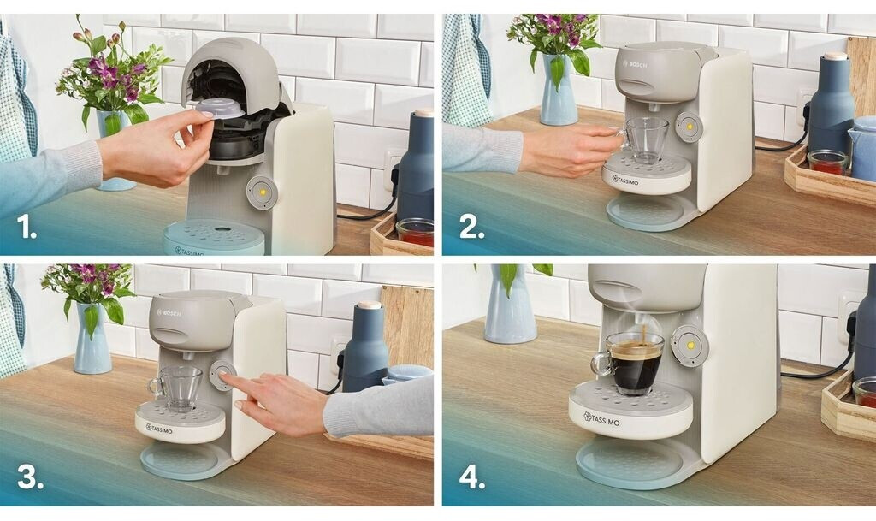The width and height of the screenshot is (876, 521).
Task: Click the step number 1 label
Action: (x=27, y=226)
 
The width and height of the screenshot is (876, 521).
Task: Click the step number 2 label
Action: (x=471, y=226)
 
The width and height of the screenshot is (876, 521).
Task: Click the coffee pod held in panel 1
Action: (x=220, y=109)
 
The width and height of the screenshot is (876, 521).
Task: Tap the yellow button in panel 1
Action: (x=262, y=192)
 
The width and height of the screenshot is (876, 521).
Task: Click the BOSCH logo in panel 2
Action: (x=635, y=65)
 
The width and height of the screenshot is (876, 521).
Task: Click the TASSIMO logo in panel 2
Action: (x=625, y=181)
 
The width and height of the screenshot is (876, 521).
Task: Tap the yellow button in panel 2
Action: (x=689, y=127)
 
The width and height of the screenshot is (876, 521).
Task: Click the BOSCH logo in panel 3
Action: (x=169, y=313)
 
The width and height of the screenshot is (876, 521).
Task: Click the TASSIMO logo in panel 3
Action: (x=159, y=429)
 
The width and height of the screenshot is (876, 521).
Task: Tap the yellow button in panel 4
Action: (x=690, y=346)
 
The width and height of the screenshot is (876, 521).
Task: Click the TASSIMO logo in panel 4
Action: (x=601, y=419)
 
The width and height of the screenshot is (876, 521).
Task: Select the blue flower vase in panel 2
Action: (x=558, y=90)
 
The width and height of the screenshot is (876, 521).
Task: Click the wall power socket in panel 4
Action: (x=849, y=318)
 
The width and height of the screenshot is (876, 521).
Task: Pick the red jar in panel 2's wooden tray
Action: (x=827, y=162)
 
